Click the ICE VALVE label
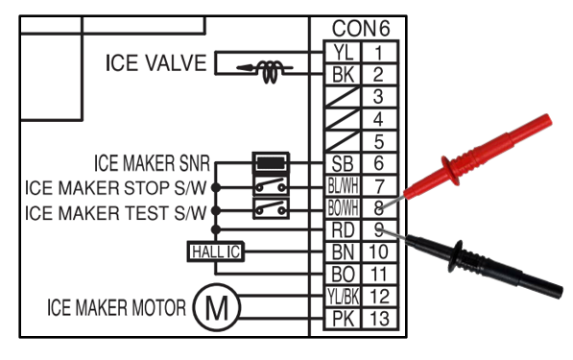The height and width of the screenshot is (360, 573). pyautogui.click(x=156, y=62)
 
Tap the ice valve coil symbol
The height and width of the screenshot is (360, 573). pyautogui.click(x=270, y=70)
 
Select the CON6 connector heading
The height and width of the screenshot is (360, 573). pyautogui.click(x=361, y=28)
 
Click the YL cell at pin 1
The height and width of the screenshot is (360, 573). pyautogui.click(x=343, y=52)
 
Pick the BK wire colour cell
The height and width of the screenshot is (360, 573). pyautogui.click(x=343, y=75)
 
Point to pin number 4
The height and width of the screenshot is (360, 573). pyautogui.click(x=378, y=119)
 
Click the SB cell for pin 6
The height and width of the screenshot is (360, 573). pyautogui.click(x=343, y=163)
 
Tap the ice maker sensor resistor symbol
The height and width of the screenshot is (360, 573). pyautogui.click(x=271, y=163)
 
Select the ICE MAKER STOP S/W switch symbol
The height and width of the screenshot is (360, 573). pyautogui.click(x=271, y=186)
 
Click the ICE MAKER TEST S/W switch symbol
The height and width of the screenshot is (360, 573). pyautogui.click(x=271, y=208)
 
